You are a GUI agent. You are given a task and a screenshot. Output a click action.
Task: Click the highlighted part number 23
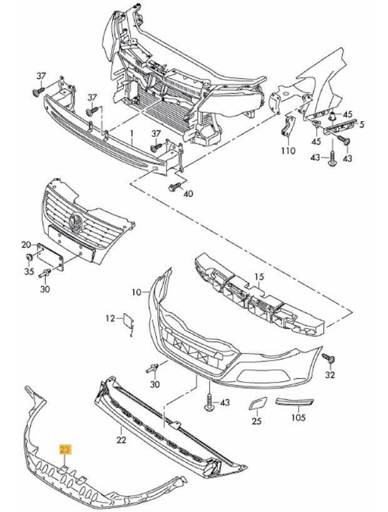65,449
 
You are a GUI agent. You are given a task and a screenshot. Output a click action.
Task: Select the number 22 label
121,439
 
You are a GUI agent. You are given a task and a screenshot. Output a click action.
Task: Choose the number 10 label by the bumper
137,291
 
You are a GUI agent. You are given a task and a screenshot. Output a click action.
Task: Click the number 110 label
287,151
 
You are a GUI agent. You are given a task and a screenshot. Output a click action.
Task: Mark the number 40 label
188,194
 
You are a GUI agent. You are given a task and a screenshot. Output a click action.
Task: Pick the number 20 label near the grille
26,244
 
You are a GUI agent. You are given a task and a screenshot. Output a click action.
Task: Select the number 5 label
361,124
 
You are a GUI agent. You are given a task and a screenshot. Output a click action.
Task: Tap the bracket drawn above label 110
288,128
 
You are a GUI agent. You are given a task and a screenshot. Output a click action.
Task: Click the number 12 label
110,319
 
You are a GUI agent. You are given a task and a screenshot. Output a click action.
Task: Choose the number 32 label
330,375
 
